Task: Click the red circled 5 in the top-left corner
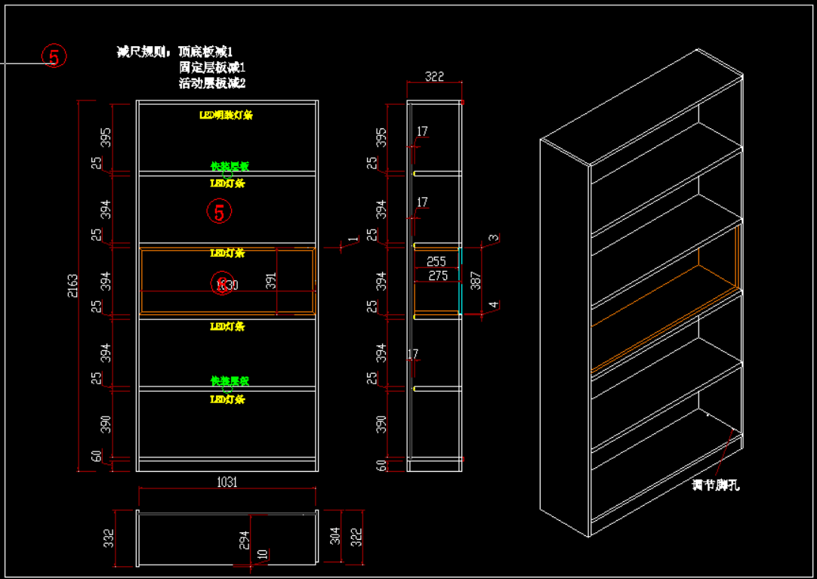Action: [54, 56]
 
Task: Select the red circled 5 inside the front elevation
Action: [219, 212]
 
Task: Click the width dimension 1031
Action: [227, 482]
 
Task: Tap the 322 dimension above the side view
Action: [434, 76]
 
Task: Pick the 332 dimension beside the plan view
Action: [109, 537]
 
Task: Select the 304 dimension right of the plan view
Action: [335, 536]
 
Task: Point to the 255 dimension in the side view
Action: [436, 262]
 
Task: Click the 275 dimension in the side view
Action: [437, 276]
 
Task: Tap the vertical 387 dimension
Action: [475, 281]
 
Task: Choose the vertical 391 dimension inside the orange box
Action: [272, 281]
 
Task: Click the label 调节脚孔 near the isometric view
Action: [716, 485]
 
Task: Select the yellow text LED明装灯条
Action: [226, 115]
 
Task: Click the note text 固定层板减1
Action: [212, 68]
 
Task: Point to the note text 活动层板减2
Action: [212, 84]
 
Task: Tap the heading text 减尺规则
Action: [143, 52]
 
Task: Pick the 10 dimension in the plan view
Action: [262, 554]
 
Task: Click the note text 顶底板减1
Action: [205, 52]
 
